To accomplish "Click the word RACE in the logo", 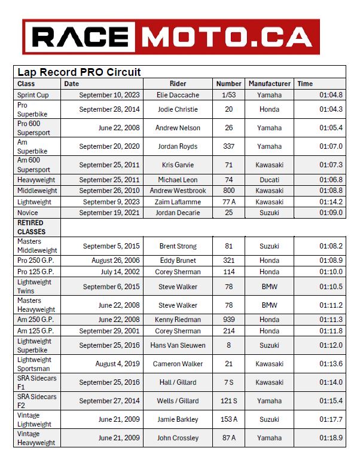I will [84, 36].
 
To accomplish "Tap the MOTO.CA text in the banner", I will [230, 36].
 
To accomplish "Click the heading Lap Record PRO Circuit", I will [79, 72].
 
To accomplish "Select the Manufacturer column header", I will [270, 84].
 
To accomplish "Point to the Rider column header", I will [178, 84].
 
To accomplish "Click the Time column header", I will [305, 84].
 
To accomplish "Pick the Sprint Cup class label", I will [33, 95].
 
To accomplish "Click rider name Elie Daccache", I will [178, 95].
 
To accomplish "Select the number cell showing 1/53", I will [229, 95].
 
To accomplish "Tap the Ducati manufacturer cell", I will [269, 180].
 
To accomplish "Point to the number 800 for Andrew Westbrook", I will [229, 191].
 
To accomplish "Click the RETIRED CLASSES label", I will [31, 227].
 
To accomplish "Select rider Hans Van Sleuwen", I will [178, 345].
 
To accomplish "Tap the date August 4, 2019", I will [117, 364].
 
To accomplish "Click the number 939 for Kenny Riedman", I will [229, 320].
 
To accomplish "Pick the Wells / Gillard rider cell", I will [178, 401].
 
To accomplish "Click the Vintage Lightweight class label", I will [36, 419].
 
